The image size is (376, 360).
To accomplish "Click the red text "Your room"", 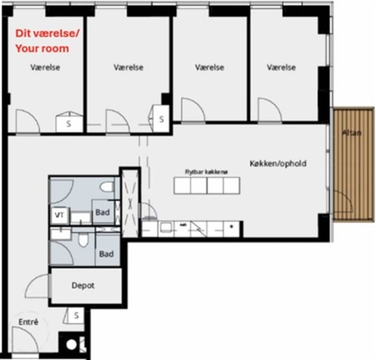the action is [x=42, y=49].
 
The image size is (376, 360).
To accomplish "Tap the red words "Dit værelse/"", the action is [x=47, y=34].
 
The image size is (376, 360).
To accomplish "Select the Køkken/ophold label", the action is [x=278, y=163].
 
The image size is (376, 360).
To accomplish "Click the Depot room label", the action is [x=83, y=286].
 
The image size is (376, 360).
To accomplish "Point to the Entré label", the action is [x=28, y=322].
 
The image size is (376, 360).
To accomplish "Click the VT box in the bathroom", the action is [x=59, y=215].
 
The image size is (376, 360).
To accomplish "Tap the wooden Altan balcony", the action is [x=354, y=164].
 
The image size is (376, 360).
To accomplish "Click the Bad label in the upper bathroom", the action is [x=103, y=212].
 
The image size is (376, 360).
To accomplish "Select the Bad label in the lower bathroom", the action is [x=106, y=254].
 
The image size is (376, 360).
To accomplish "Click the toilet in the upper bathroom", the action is [x=107, y=187].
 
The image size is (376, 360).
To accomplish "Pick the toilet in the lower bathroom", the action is [x=83, y=239].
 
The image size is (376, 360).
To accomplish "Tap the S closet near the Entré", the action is [x=76, y=316].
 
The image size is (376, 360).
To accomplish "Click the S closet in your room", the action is [x=69, y=124].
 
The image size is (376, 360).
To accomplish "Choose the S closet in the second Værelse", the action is [x=161, y=119].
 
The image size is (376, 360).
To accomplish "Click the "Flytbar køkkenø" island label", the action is [x=206, y=172].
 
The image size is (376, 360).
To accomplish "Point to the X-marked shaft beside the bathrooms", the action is [x=130, y=203].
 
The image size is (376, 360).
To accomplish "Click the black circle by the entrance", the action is [x=71, y=345].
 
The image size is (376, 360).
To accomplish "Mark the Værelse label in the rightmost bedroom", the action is [x=282, y=67].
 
